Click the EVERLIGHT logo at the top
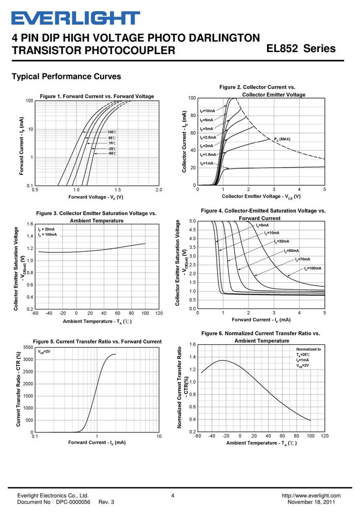pos(76,18)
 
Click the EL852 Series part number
pos(301,49)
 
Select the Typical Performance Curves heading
pos(67,76)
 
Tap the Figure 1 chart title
pos(97,96)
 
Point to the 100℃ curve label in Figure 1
pos(112,132)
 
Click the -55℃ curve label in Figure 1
pos(112,153)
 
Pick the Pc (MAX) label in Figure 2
pos(282,139)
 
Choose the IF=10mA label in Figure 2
pos(207,111)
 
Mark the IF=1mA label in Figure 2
pos(207,163)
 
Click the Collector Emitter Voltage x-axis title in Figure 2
pos(261,196)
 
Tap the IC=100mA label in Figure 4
pos(313,268)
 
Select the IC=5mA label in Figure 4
pos(263,225)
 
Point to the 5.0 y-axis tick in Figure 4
pos(192,221)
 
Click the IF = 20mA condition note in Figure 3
pos(46,229)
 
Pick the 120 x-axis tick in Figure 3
pos(159,313)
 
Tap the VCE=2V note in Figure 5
pos(44,351)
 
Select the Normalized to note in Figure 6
pos(308,349)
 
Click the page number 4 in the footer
pos(173,495)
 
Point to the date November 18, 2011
pos(311,502)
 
